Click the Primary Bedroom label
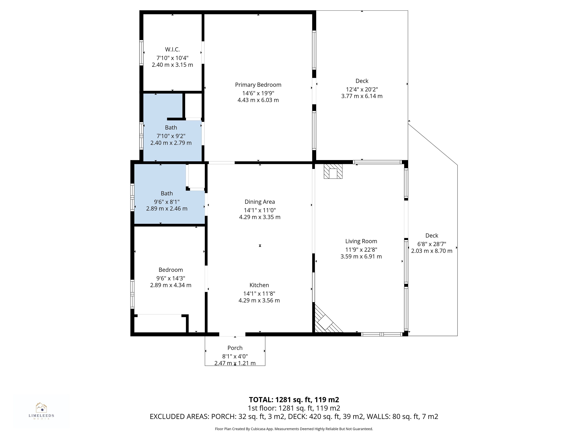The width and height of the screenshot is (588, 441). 258,85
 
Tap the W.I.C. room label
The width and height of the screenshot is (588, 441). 172,49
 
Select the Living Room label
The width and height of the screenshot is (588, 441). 361,241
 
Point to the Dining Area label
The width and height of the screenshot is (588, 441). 260,202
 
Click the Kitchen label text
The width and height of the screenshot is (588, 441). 259,285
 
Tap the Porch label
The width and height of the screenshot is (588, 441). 235,348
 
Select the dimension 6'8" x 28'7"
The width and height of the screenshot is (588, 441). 432,244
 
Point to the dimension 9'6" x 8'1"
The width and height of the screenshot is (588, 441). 167,202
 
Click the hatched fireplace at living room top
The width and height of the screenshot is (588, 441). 333,171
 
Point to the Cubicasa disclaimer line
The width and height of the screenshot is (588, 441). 294,429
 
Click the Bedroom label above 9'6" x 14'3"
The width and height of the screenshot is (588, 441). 171,270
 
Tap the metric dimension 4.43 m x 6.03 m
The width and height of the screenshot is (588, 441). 258,100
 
